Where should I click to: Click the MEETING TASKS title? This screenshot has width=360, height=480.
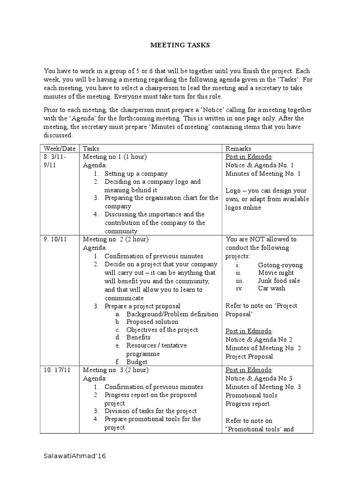click(180, 45)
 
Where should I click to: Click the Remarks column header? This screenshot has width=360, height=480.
click(238, 149)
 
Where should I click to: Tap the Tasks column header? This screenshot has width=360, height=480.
click(91, 149)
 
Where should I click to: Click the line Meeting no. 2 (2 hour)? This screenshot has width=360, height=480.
click(116, 240)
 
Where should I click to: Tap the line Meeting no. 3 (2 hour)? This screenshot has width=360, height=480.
click(116, 370)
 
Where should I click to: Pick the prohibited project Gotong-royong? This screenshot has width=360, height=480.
click(280, 265)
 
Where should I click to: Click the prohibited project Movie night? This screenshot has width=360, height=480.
click(276, 273)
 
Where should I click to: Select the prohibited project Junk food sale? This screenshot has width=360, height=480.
click(279, 281)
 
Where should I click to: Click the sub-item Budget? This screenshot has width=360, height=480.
click(137, 362)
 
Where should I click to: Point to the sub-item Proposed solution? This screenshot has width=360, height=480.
click(152, 322)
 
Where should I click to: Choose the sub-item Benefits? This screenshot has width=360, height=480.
click(139, 337)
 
